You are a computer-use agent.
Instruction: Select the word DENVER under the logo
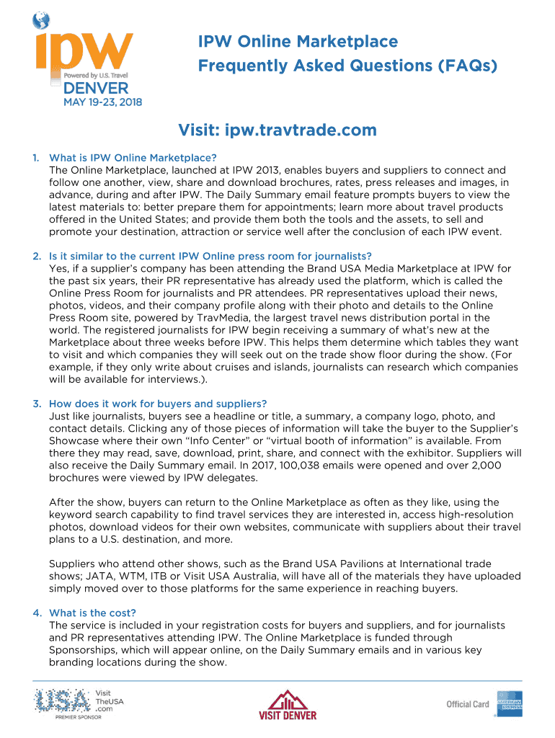point(96,89)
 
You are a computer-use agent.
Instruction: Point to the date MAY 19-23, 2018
point(103,102)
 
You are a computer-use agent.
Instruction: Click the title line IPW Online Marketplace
point(298,41)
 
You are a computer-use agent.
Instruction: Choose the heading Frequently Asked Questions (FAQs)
point(347,66)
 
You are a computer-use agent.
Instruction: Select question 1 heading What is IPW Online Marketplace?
point(133,158)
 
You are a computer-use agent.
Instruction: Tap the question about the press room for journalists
point(210,256)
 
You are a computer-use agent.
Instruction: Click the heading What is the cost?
point(92,613)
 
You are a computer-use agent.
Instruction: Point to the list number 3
point(36,404)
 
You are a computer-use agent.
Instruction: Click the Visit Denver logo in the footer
point(287,704)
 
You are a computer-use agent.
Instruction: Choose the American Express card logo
point(509,704)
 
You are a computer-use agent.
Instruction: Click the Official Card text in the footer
point(467,705)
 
